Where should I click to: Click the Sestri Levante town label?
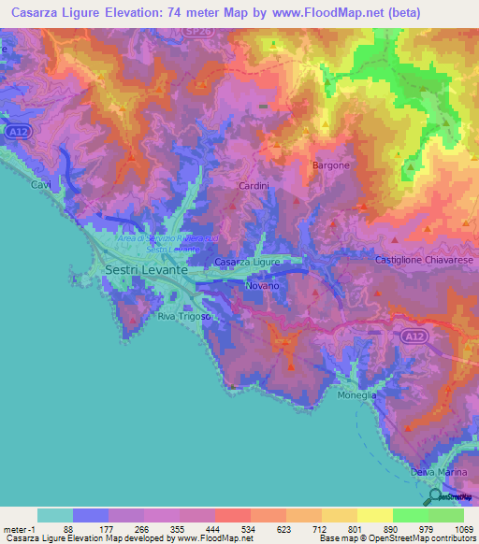144,268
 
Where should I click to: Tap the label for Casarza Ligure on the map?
248,264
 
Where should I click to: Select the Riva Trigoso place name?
184,318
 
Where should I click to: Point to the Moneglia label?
357,395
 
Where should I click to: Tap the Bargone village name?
330,165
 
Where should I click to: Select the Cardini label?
254,187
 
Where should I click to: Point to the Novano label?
262,285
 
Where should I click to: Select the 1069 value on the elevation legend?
463,529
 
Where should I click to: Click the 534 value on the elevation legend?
249,529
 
